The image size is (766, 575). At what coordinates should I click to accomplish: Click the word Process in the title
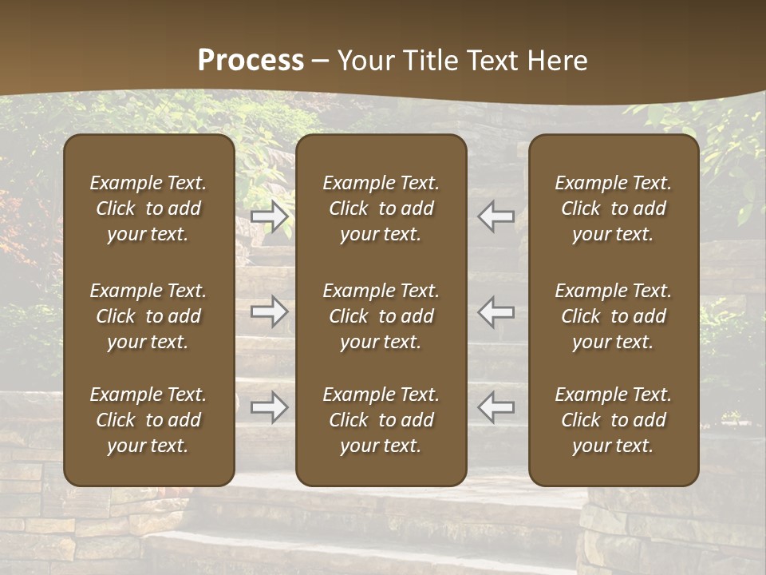click(x=251, y=61)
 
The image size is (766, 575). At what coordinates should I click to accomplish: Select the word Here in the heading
click(x=557, y=61)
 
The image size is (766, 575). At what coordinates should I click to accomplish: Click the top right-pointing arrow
click(x=270, y=216)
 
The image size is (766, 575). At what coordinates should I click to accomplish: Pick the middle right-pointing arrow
click(x=270, y=311)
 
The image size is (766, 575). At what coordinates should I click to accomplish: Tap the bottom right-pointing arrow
click(x=270, y=407)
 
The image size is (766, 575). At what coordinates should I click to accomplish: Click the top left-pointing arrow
click(x=496, y=216)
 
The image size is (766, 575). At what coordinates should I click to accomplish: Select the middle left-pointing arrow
click(x=496, y=311)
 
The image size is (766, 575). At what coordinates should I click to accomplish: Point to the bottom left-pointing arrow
click(x=496, y=407)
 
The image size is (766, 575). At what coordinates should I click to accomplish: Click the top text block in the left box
click(x=148, y=208)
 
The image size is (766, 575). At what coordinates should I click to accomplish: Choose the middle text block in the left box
click(x=148, y=316)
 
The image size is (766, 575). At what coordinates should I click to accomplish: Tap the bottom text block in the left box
click(x=148, y=420)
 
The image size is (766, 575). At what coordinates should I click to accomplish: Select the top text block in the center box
click(x=381, y=208)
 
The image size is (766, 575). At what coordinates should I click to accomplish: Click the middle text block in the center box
click(x=381, y=316)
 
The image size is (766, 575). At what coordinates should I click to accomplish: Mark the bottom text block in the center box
click(x=381, y=420)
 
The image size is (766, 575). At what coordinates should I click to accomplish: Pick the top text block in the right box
click(x=614, y=208)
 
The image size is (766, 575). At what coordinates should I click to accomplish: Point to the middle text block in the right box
click(x=614, y=316)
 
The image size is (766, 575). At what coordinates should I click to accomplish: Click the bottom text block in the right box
click(x=614, y=420)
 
